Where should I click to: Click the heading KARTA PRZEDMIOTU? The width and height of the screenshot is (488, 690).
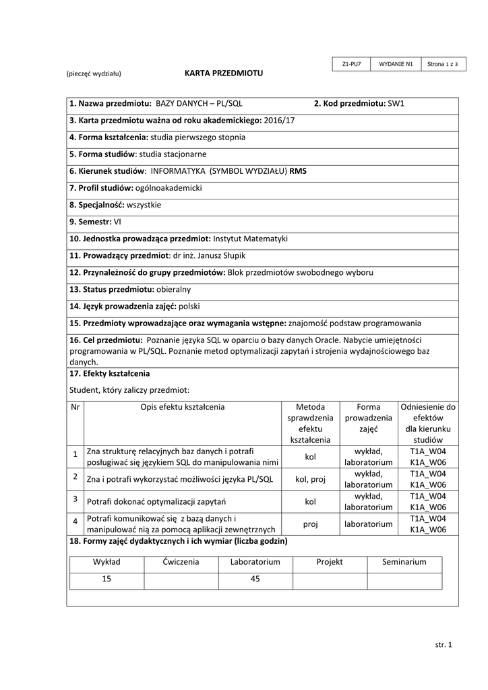(x=224, y=73)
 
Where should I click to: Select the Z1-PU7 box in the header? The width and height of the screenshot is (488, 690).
(x=352, y=64)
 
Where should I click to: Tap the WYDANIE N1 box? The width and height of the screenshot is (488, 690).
(x=396, y=64)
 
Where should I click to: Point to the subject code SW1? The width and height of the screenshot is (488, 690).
(x=396, y=103)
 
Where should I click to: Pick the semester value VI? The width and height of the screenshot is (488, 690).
(x=118, y=221)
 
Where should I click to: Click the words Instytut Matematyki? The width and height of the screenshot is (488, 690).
(x=250, y=239)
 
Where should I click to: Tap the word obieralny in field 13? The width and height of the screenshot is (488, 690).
(x=173, y=289)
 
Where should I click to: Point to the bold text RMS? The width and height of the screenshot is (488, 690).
(x=298, y=171)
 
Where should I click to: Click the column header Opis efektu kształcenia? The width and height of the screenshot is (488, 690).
(x=182, y=407)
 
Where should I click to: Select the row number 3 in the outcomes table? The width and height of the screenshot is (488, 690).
(x=75, y=499)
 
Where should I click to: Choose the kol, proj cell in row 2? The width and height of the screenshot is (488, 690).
(x=310, y=479)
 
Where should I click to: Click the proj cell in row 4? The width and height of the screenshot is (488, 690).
(x=310, y=524)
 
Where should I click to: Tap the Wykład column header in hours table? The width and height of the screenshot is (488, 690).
(x=106, y=561)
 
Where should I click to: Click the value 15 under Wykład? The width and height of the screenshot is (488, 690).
(x=106, y=579)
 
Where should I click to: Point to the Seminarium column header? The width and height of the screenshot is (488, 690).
(x=404, y=561)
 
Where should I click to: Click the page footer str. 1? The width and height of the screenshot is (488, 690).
(x=444, y=645)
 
